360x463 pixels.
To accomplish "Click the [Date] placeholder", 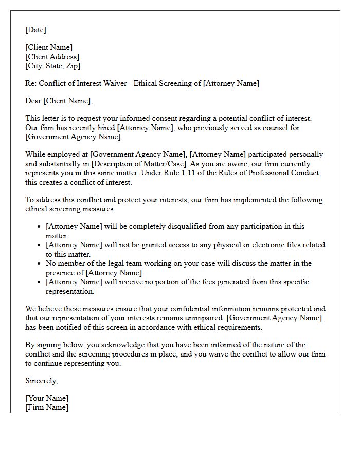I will pyautogui.click(x=35, y=30).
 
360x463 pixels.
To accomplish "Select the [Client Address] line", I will pyautogui.click(x=52, y=57).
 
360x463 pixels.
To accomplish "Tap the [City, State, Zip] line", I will pyautogui.click(x=52, y=66).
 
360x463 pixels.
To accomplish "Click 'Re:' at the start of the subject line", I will pyautogui.click(x=31, y=83).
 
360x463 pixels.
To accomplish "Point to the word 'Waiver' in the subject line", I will pyautogui.click(x=116, y=83).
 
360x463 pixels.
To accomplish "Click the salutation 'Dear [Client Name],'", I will pyautogui.click(x=59, y=101).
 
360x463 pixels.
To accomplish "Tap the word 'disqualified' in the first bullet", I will pyautogui.click(x=185, y=226).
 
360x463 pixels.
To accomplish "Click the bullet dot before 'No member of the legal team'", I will pyautogui.click(x=39, y=263).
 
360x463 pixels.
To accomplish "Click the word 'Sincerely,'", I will pyautogui.click(x=42, y=381).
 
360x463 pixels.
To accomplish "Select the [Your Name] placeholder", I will pyautogui.click(x=47, y=398).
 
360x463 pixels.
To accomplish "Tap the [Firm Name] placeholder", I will pyautogui.click(x=47, y=407).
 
